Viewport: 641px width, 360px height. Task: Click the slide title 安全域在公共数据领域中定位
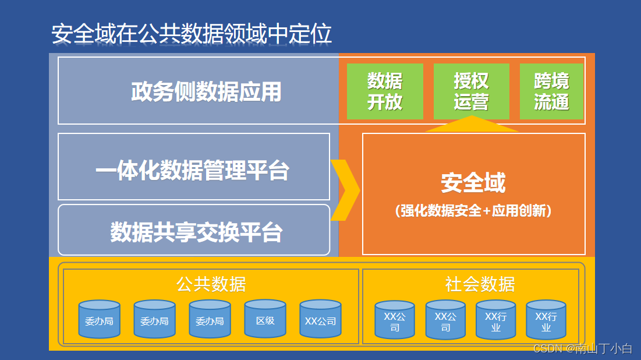click(x=192, y=34)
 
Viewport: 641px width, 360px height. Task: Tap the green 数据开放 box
click(x=385, y=91)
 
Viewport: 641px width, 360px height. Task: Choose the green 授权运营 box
click(x=471, y=91)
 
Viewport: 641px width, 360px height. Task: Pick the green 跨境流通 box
click(x=551, y=91)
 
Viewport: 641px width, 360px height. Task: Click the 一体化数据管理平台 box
click(x=193, y=171)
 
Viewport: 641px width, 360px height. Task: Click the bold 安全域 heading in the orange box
click(x=473, y=183)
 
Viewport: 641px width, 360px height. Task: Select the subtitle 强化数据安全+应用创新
click(x=473, y=210)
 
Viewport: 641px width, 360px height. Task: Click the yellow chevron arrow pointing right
click(x=346, y=190)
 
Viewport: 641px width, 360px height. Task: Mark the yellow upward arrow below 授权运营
click(x=471, y=124)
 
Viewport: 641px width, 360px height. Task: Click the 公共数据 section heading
click(x=211, y=284)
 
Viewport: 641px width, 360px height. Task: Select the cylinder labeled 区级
click(x=265, y=320)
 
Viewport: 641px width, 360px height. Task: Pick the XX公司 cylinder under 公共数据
click(x=320, y=320)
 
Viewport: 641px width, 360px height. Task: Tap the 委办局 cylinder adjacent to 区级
click(x=210, y=320)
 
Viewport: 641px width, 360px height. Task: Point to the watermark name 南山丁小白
click(x=603, y=348)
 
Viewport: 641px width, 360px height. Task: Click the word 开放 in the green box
click(x=385, y=102)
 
